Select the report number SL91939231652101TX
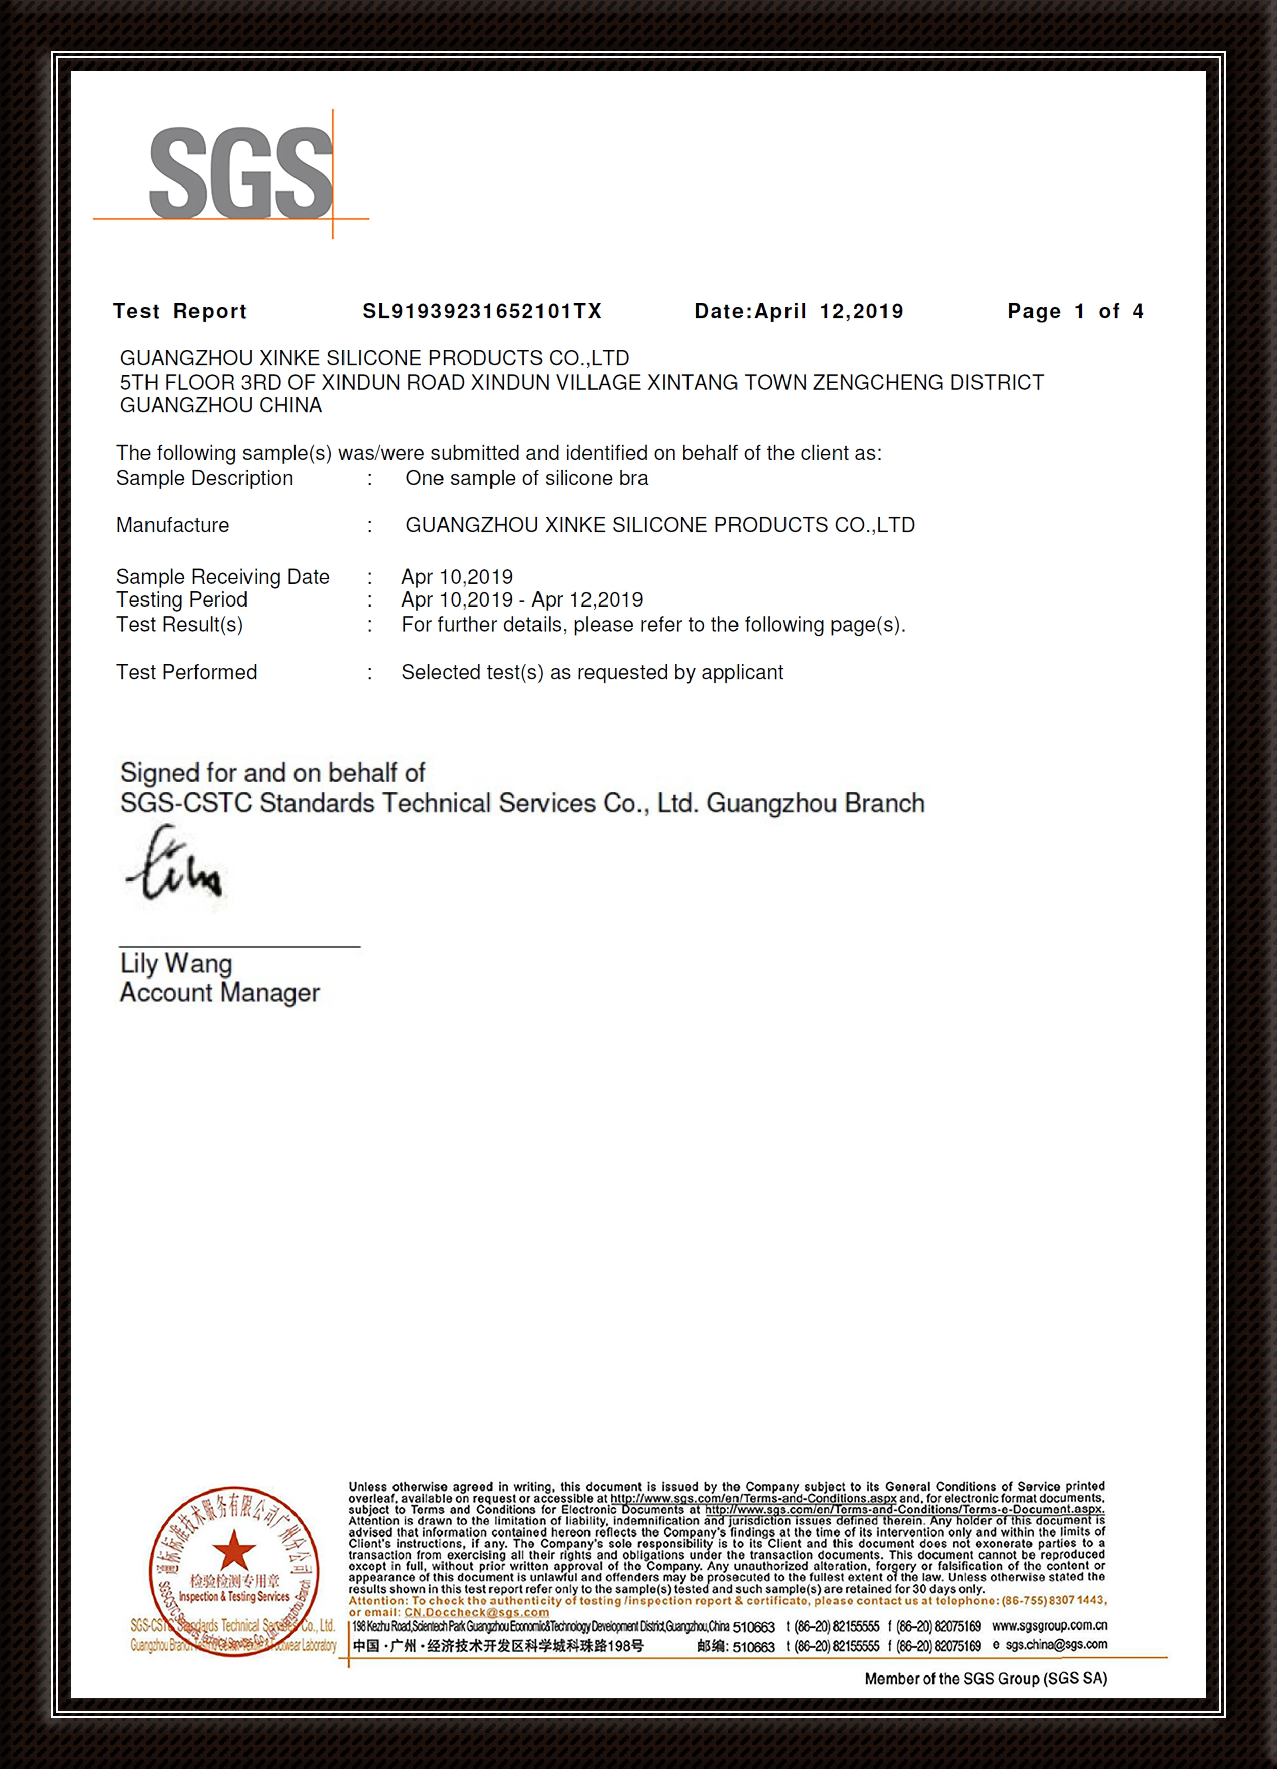tap(482, 311)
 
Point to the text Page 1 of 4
tap(1075, 311)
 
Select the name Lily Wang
tap(176, 964)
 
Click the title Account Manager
tap(220, 993)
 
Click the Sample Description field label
tap(204, 478)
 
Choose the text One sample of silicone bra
tap(526, 478)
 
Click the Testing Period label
tap(182, 600)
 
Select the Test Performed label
tap(186, 672)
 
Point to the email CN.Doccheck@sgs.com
tap(476, 1612)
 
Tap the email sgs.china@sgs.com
tap(1056, 1645)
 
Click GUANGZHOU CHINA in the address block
tap(221, 405)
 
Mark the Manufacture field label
tap(172, 525)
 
